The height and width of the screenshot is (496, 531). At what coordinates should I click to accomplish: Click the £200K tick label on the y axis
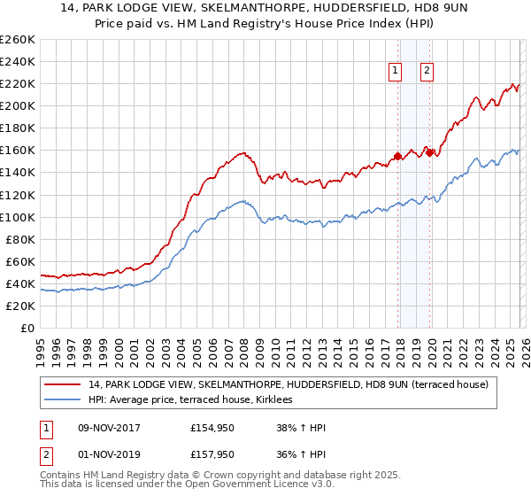pos(17,105)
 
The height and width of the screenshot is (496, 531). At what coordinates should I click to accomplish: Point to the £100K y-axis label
pos(17,217)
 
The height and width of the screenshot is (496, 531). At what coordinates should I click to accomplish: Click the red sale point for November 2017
pos(397,156)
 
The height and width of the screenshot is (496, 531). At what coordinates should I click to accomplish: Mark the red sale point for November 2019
pos(429,152)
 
